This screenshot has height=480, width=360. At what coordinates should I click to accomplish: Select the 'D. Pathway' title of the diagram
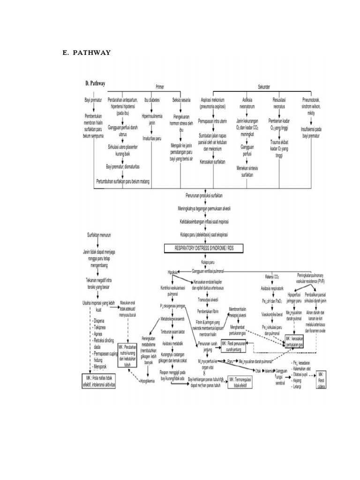point(95,83)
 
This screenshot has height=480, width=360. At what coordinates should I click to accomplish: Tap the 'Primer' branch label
point(159,87)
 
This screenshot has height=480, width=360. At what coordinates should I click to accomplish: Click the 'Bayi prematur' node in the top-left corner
point(93,100)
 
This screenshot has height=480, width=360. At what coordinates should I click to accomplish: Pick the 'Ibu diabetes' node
point(151,100)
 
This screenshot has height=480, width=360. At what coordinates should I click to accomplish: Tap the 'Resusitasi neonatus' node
point(280,103)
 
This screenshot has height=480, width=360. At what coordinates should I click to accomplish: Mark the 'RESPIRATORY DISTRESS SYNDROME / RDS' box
point(210,247)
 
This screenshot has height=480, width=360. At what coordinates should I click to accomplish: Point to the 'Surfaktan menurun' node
point(98,233)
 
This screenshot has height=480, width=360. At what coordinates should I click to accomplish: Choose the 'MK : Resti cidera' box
point(321,378)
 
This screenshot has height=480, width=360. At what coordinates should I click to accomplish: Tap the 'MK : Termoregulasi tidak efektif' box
point(240,382)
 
